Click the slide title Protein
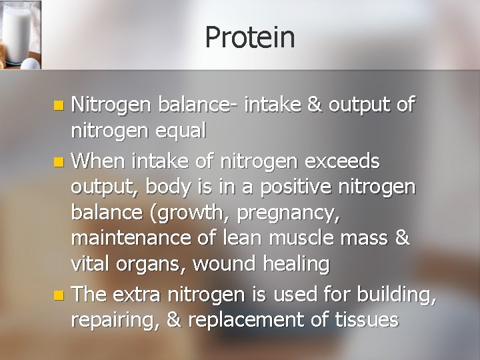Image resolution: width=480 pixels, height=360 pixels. pos(250,37)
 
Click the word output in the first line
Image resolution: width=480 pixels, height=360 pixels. pos(359,105)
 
